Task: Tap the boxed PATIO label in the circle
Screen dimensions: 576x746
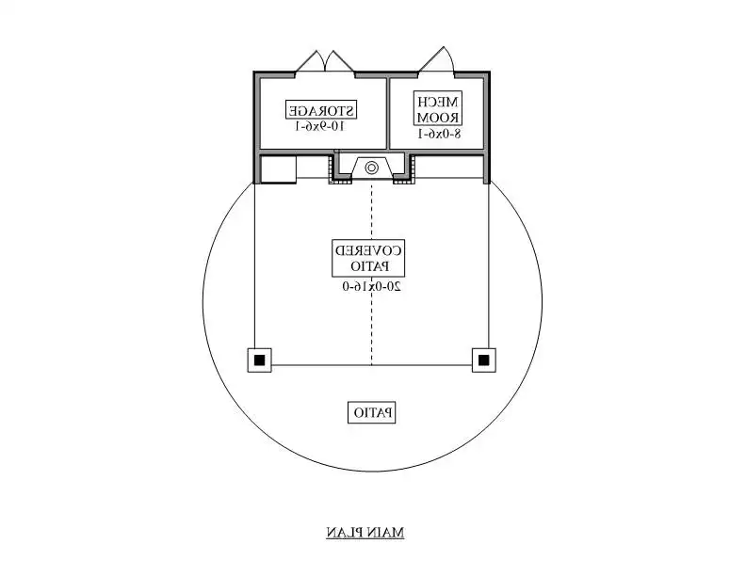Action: (x=373, y=412)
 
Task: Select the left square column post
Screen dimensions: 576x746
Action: (x=259, y=360)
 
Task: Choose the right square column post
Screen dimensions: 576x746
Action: (x=483, y=360)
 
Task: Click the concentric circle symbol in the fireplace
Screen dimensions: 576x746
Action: (x=371, y=168)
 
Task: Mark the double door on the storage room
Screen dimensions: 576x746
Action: (x=325, y=62)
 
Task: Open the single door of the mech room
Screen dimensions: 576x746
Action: (x=438, y=60)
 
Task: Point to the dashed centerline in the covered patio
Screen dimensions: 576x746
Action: (x=371, y=273)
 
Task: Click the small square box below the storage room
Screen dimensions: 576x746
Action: (x=278, y=168)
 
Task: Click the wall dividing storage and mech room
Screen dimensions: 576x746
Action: (x=388, y=113)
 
